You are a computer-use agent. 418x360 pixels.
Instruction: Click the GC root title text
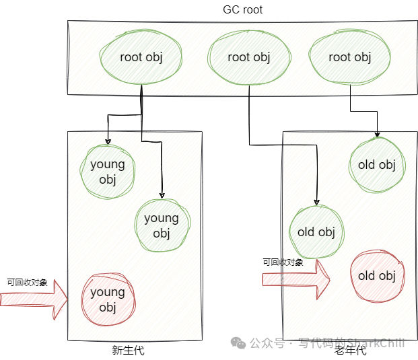click(x=242, y=9)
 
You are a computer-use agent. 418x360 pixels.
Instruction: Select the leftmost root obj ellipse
click(x=141, y=57)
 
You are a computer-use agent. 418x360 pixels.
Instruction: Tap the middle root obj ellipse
click(x=248, y=57)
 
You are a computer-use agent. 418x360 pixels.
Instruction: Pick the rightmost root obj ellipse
click(x=349, y=57)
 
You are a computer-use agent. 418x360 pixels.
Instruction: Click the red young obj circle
click(x=108, y=300)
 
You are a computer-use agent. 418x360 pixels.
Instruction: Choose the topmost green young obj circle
click(x=108, y=172)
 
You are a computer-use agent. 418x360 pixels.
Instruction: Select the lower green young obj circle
click(x=162, y=225)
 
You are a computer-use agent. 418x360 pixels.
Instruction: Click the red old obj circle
click(x=376, y=275)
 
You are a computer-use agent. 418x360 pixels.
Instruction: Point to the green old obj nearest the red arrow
click(x=316, y=232)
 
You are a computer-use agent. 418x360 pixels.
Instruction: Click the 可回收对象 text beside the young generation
click(x=27, y=283)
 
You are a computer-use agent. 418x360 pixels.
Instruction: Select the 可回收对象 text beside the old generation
click(x=283, y=262)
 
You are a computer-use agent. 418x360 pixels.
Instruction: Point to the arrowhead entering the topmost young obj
click(x=108, y=141)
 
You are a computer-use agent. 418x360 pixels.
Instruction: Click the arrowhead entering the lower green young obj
click(x=162, y=194)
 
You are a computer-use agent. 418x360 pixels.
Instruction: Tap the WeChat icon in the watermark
click(x=238, y=343)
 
